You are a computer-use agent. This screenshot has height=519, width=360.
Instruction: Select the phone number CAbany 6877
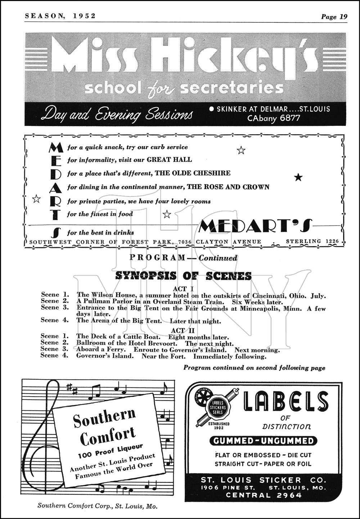click(x=274, y=118)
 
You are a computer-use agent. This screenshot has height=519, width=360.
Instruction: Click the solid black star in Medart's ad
click(x=298, y=177)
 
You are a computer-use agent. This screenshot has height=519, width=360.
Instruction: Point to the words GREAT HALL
click(x=170, y=160)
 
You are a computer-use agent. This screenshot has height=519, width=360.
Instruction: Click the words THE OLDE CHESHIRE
click(x=193, y=173)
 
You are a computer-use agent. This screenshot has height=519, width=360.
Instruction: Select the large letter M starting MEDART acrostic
click(x=55, y=147)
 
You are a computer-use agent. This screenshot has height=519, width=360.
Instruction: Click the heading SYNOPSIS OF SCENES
click(x=183, y=276)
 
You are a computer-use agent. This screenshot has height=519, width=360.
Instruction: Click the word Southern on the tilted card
click(x=104, y=416)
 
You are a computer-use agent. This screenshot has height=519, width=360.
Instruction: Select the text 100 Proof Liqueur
click(x=111, y=451)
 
